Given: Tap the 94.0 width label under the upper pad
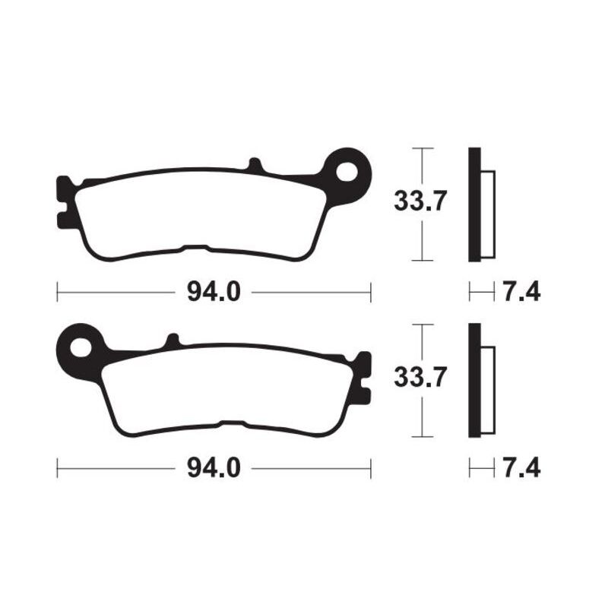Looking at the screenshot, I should [214, 291].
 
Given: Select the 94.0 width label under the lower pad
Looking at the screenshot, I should [214, 467].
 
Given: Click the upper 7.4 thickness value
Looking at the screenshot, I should [521, 291].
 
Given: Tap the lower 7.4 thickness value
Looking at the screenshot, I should [521, 467].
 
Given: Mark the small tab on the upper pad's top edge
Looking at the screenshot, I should [255, 165].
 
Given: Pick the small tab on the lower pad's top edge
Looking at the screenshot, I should [173, 341].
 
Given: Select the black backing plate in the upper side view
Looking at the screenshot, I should [474, 204].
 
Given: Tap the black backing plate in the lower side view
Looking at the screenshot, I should [474, 380].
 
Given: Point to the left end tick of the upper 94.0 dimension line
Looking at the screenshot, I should [58, 291].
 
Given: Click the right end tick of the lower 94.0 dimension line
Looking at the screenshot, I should [370, 467].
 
